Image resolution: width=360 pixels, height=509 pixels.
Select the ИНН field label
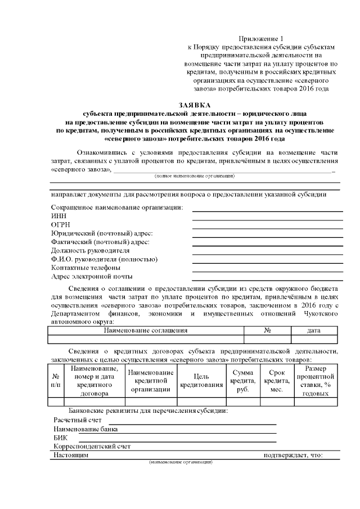point(58,217)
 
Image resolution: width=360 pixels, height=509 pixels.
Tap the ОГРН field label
point(60,225)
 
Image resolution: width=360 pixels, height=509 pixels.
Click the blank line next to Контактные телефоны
point(267,268)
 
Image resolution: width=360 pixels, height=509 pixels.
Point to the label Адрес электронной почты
point(92,277)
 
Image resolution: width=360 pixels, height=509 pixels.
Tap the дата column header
point(314,331)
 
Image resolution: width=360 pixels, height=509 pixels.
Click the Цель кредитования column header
point(201,380)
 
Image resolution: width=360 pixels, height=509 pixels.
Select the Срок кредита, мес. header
point(276,380)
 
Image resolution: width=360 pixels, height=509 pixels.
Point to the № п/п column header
point(56,380)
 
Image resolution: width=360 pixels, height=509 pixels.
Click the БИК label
point(60,438)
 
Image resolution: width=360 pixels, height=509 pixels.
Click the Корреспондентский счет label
point(92,447)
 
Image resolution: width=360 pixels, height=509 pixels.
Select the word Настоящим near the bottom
point(70,455)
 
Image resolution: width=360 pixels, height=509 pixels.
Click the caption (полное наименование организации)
point(195,176)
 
